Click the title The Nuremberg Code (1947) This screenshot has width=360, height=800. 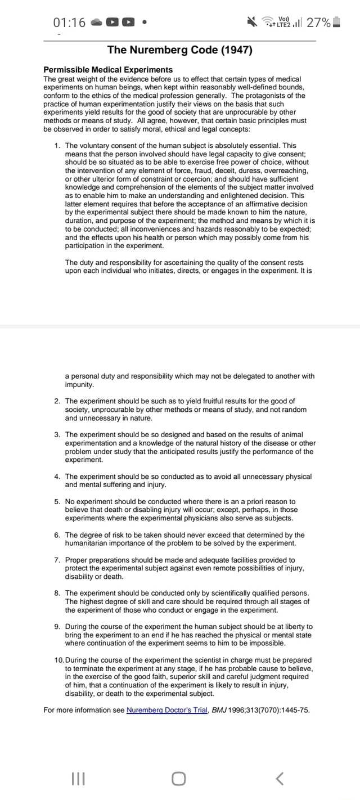click(x=179, y=50)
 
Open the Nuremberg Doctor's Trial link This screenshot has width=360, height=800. click(x=167, y=710)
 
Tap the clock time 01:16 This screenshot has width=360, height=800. click(x=69, y=23)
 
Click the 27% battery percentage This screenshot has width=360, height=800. click(x=318, y=23)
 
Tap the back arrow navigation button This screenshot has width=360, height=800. click(x=280, y=778)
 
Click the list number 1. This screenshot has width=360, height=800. click(x=57, y=146)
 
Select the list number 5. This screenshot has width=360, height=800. click(x=57, y=501)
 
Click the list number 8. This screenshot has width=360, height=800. click(x=57, y=594)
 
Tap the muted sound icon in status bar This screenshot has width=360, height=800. click(x=251, y=23)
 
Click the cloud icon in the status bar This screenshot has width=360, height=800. click(x=97, y=23)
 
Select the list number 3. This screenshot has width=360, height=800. click(x=57, y=435)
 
